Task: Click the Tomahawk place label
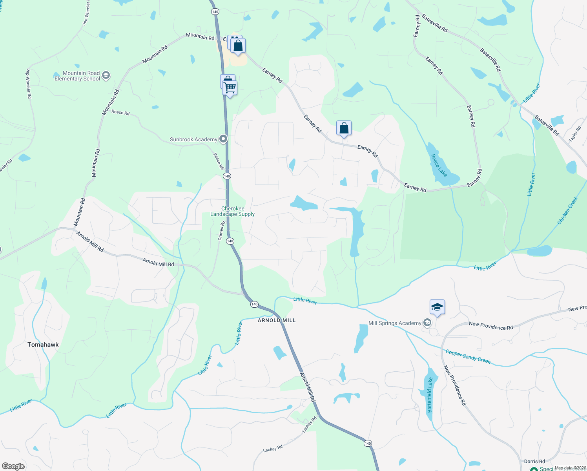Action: pyautogui.click(x=43, y=345)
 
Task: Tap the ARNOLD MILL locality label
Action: pyautogui.click(x=277, y=320)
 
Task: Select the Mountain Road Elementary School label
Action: pyautogui.click(x=77, y=76)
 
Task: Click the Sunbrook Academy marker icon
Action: pyautogui.click(x=223, y=139)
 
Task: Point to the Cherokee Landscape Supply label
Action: pyautogui.click(x=233, y=212)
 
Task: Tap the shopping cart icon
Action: pyautogui.click(x=230, y=88)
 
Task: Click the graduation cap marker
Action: pyautogui.click(x=437, y=307)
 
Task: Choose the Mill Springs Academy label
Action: pyautogui.click(x=395, y=323)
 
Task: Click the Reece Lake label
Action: pyautogui.click(x=439, y=165)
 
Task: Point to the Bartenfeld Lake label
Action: pyautogui.click(x=430, y=395)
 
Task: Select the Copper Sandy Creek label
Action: pyautogui.click(x=468, y=356)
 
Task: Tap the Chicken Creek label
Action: pyautogui.click(x=568, y=211)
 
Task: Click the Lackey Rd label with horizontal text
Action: pyautogui.click(x=272, y=449)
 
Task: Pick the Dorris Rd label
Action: pyautogui.click(x=534, y=462)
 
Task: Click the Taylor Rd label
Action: pyautogui.click(x=575, y=134)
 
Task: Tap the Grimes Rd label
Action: pyautogui.click(x=222, y=231)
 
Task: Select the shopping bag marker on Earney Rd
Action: pyautogui.click(x=344, y=128)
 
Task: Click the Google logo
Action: pyautogui.click(x=13, y=466)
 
